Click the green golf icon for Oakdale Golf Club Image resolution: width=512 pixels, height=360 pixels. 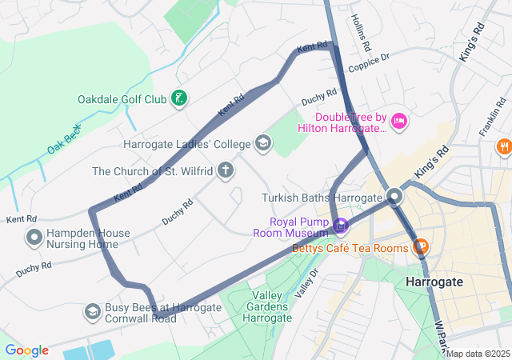pyautogui.click(x=181, y=99)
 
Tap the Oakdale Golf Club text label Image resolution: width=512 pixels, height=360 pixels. pyautogui.click(x=122, y=100)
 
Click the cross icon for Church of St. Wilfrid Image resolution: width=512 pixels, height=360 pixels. pyautogui.click(x=226, y=170)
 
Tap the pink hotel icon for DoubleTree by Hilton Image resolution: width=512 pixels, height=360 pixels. pyautogui.click(x=399, y=122)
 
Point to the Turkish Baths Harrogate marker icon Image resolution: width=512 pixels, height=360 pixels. pyautogui.click(x=394, y=197)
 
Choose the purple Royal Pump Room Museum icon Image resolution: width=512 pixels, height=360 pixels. pyautogui.click(x=341, y=226)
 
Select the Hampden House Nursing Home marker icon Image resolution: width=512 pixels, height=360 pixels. pyautogui.click(x=34, y=238)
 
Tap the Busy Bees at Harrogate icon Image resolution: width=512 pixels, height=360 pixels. pyautogui.click(x=93, y=311)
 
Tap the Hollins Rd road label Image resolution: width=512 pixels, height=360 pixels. pyautogui.click(x=361, y=29)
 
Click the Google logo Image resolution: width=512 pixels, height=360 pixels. pyautogui.click(x=26, y=350)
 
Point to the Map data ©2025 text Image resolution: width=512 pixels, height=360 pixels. pyautogui.click(x=478, y=354)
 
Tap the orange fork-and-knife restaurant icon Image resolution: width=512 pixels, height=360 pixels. pyautogui.click(x=503, y=146)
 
